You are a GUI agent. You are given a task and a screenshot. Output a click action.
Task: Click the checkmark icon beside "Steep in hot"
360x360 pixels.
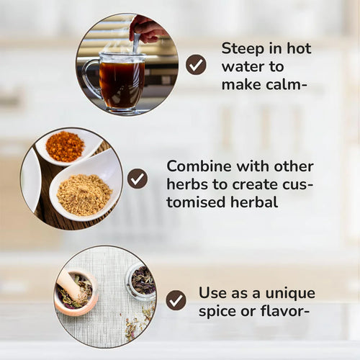(x=196, y=65)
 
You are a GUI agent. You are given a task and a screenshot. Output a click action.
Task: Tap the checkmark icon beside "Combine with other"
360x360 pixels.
(x=138, y=179)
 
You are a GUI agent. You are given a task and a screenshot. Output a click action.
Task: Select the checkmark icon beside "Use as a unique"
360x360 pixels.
(x=176, y=300)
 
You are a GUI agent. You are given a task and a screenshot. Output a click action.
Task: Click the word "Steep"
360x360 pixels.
(x=243, y=50)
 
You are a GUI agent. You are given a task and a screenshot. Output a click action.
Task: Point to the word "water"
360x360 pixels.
(x=242, y=66)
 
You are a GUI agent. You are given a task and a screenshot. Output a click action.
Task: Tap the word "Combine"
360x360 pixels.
(x=199, y=166)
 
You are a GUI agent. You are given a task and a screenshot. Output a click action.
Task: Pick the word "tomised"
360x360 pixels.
(x=196, y=202)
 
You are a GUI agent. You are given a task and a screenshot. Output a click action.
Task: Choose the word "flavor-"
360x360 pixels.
(x=285, y=310)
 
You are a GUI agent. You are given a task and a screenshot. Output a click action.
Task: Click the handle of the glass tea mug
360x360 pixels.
(x=89, y=78)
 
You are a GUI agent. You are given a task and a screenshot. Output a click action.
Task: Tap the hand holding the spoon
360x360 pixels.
(x=148, y=28)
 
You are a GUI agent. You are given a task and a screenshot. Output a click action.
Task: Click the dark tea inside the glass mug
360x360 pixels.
(x=122, y=84)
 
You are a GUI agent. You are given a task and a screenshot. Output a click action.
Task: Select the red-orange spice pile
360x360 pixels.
(x=65, y=146)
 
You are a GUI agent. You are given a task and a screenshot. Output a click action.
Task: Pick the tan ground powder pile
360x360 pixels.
(x=84, y=194)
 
